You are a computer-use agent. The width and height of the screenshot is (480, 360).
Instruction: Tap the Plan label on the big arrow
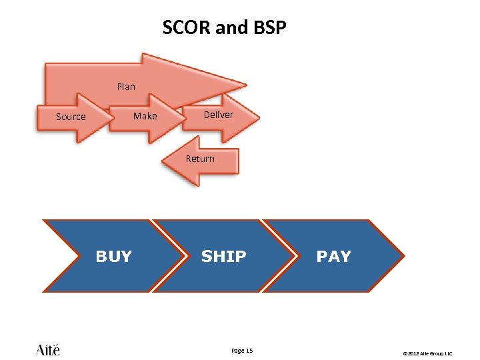tap(126, 86)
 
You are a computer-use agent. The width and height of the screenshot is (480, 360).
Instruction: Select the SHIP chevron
tap(220, 256)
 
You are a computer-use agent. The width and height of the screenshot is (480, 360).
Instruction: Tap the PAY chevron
tap(333, 256)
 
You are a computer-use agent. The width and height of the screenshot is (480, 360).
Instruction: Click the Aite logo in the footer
tap(48, 349)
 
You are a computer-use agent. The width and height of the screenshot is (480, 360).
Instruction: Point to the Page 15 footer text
tap(241, 351)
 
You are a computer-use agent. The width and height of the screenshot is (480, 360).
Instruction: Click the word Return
tap(200, 159)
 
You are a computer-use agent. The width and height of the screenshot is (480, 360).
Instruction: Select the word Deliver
tap(219, 115)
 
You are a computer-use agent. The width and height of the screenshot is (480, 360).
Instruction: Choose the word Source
tap(71, 117)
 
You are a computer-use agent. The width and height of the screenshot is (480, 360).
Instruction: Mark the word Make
tap(145, 116)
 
